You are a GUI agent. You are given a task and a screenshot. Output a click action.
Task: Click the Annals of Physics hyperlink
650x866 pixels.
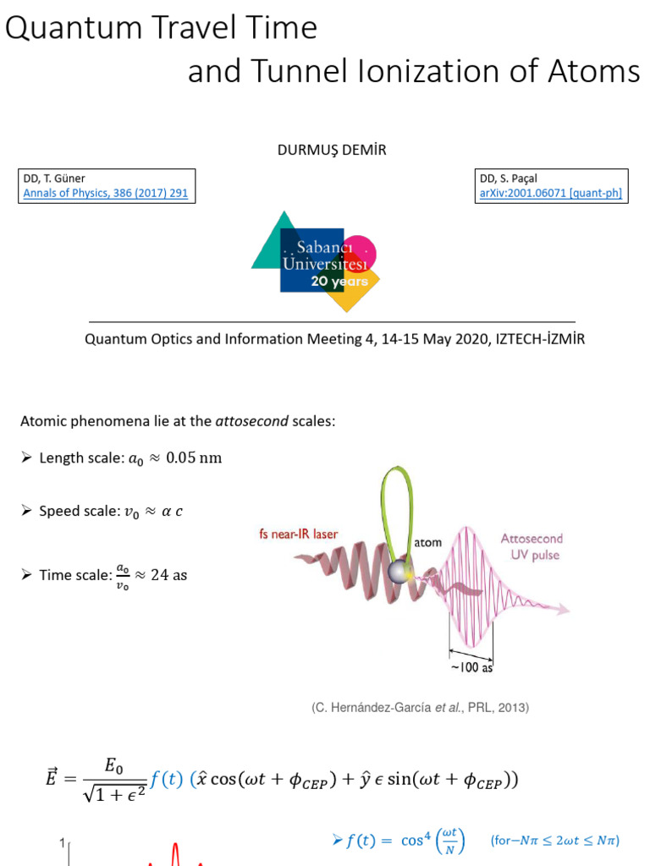[106, 193]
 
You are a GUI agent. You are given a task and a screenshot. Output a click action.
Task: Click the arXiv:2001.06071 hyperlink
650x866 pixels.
[550, 193]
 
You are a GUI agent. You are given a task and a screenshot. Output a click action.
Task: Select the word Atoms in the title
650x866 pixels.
[597, 71]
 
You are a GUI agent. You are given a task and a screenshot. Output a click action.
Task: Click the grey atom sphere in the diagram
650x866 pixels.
[398, 573]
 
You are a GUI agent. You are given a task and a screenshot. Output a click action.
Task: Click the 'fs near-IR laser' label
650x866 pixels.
[297, 534]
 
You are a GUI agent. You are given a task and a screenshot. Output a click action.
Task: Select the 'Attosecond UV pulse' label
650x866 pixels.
[532, 546]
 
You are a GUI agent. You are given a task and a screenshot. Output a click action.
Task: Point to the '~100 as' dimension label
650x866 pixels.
[470, 666]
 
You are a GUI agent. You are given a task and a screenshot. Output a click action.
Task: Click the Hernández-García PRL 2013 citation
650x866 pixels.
[420, 708]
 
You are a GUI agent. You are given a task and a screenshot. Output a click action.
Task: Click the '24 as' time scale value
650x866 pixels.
[168, 575]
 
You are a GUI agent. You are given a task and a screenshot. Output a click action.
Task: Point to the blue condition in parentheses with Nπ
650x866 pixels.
[555, 841]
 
